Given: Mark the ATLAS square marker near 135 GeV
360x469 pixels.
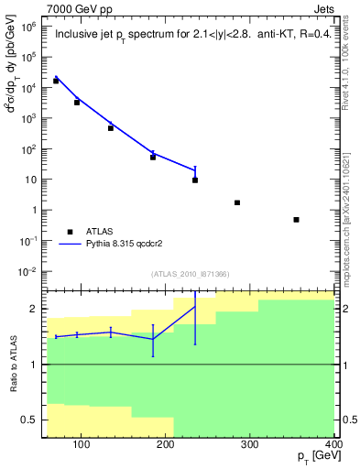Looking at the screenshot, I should [111, 128].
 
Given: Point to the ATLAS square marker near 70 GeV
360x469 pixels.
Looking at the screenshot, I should [56, 81].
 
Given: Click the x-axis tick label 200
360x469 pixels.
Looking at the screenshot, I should [166, 446].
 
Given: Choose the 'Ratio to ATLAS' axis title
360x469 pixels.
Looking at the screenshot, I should [12, 365].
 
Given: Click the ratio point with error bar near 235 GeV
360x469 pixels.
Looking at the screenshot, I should [195, 306].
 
